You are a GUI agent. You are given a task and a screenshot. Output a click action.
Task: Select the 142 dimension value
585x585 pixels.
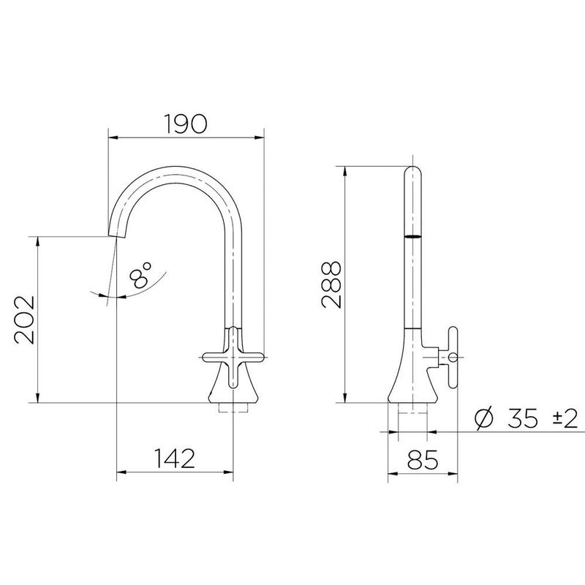(174, 458)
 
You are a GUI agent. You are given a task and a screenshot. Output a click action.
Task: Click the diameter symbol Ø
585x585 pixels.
(483, 419)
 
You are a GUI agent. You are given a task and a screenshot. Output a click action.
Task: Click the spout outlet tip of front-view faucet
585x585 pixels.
(116, 232)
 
